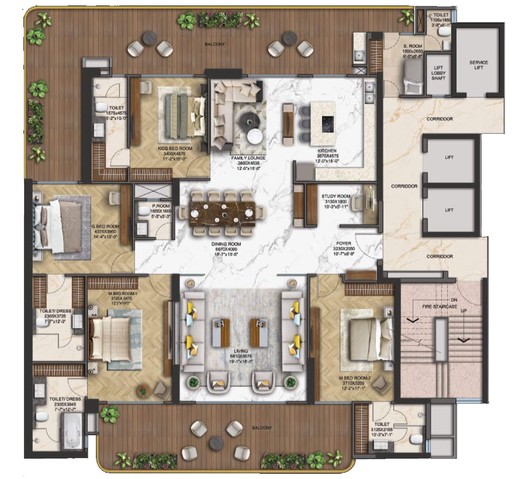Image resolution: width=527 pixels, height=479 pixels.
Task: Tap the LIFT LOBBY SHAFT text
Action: tap(438, 73)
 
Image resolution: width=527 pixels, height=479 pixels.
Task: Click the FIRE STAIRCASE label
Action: tap(440, 306)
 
